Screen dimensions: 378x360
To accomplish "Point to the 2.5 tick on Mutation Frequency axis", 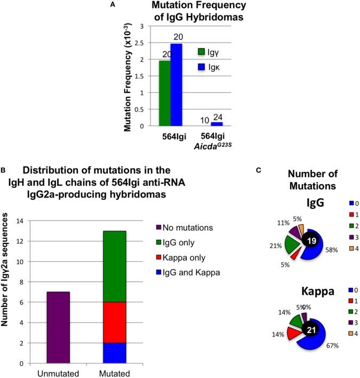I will click(142, 43).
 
